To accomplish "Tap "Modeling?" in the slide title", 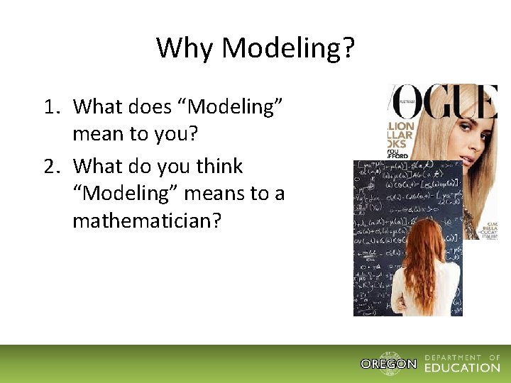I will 288,48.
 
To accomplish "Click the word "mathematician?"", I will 147,221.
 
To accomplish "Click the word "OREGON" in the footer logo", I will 388,365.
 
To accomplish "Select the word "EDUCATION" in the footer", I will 462,367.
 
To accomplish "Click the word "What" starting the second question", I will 97,167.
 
